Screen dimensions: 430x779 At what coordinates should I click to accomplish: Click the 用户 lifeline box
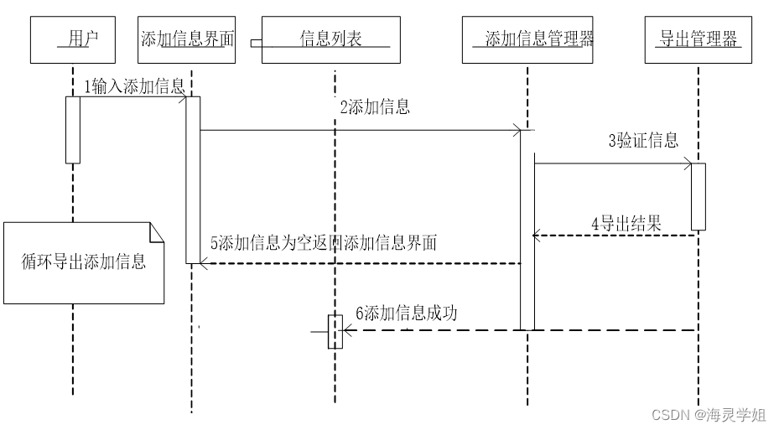(73, 39)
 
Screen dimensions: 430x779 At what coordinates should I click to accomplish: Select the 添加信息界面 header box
(187, 39)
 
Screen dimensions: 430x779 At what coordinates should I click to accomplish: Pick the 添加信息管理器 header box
(527, 39)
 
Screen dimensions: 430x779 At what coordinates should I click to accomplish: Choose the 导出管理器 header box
(699, 39)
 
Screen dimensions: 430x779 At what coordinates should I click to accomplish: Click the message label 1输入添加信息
(134, 87)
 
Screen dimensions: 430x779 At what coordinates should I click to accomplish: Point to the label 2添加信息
(375, 106)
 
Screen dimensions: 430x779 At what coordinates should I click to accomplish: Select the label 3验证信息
(643, 140)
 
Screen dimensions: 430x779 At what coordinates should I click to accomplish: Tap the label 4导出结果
(626, 224)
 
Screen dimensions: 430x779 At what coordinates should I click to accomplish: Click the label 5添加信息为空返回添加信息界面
(323, 243)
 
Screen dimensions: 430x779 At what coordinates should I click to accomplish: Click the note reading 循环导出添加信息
(83, 262)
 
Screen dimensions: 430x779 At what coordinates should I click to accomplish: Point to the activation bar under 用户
(73, 130)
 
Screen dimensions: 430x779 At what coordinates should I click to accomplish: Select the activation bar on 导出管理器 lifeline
(699, 196)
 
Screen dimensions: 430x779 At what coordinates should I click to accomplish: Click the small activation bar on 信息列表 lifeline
(335, 331)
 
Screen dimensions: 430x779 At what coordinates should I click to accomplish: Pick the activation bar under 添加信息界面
(193, 179)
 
